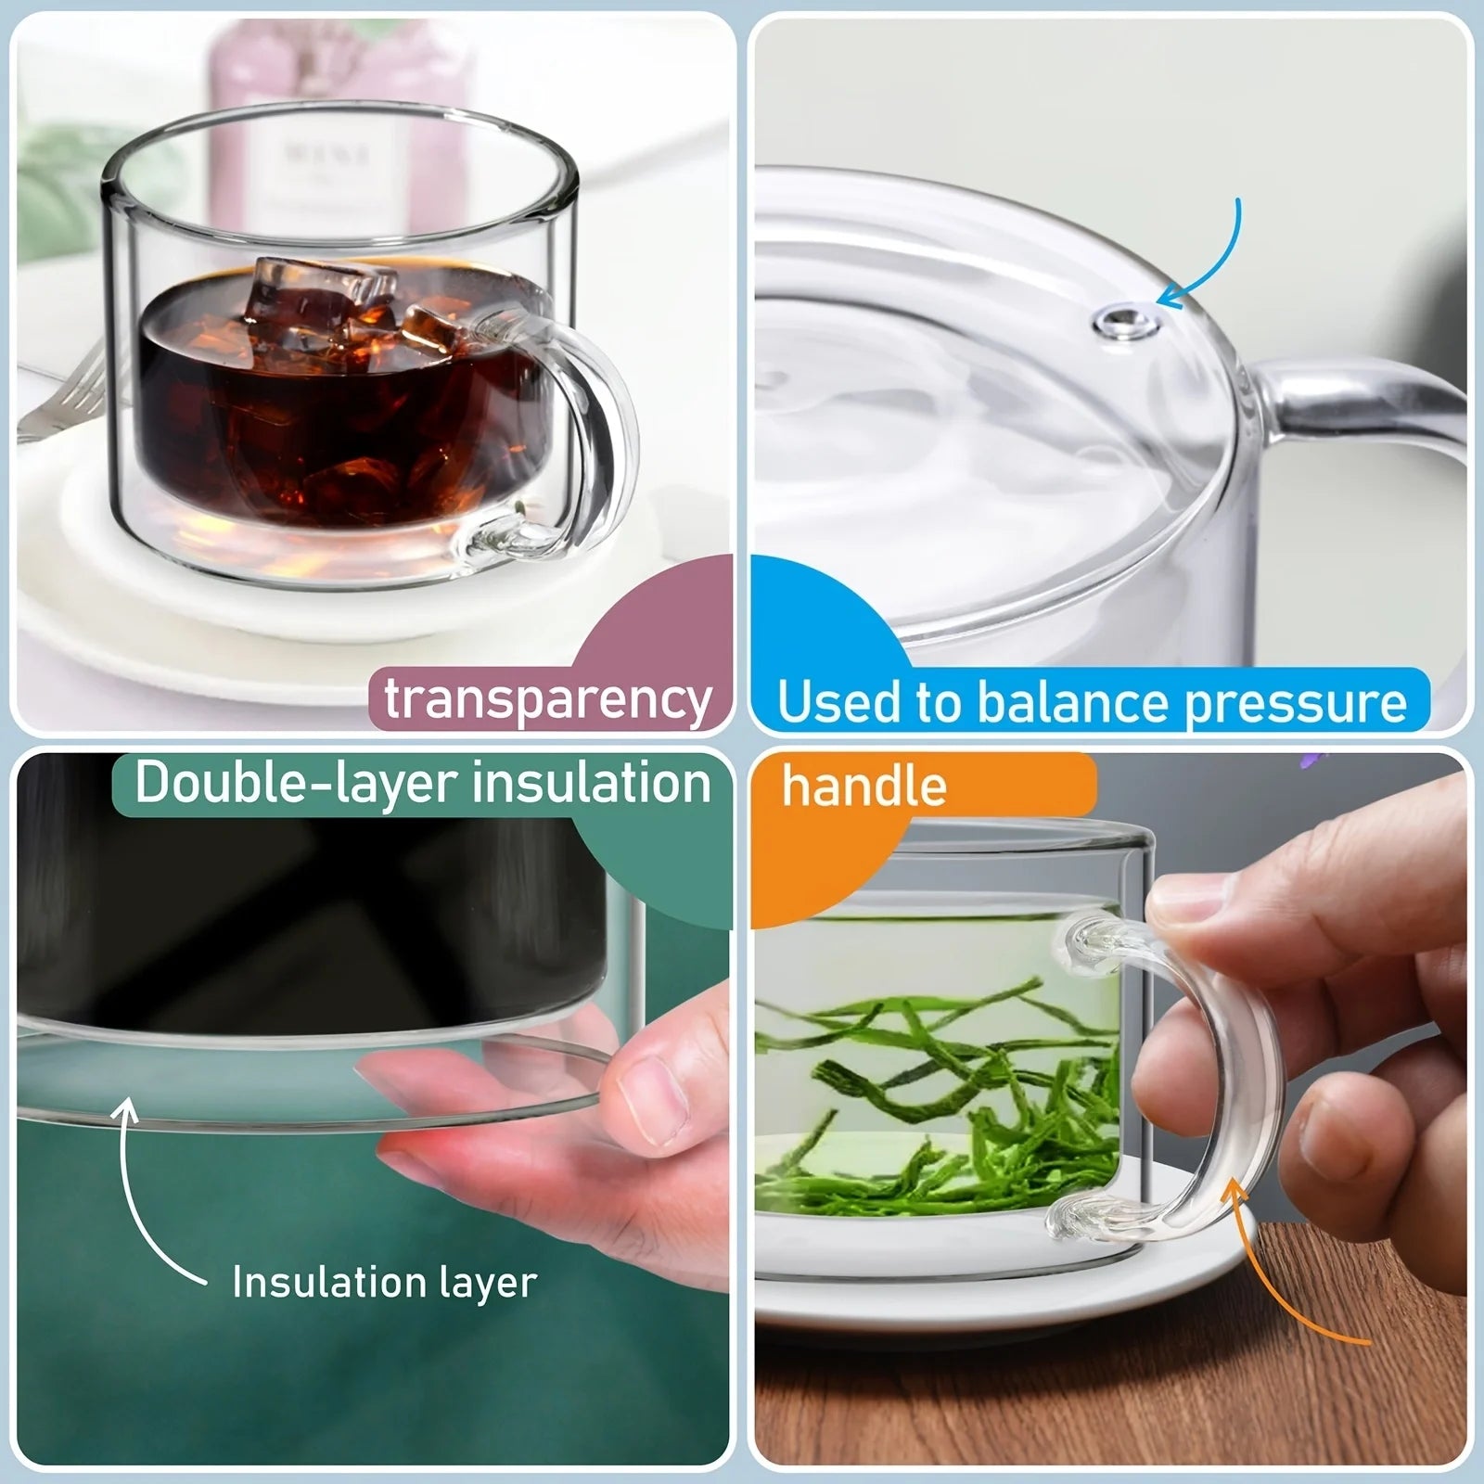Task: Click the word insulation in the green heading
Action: click(591, 784)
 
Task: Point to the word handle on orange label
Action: click(864, 787)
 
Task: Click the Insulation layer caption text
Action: click(384, 1283)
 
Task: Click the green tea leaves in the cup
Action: click(927, 1094)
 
